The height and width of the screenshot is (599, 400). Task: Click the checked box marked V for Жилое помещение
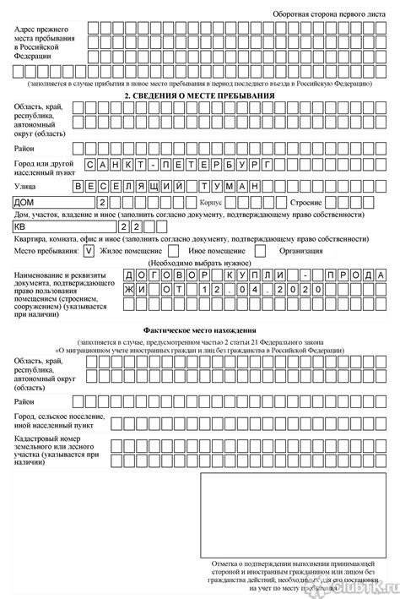tap(89, 251)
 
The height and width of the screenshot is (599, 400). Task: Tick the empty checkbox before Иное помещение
tap(172, 251)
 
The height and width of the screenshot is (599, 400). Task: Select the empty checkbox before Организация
tap(260, 251)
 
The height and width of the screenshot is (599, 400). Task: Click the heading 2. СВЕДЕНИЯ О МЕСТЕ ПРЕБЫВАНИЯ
tap(199, 97)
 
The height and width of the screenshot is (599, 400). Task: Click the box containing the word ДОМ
tap(51, 204)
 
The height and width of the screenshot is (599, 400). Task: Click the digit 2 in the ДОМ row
tap(102, 204)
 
